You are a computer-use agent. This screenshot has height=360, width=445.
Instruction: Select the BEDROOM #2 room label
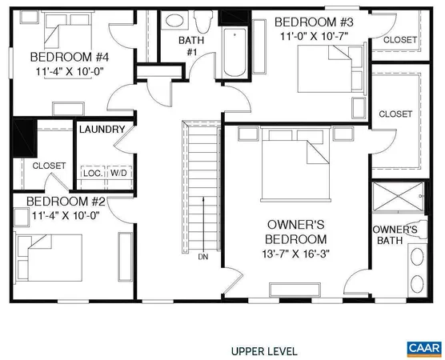[61, 202]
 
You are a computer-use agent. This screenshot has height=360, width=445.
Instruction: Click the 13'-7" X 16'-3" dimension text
[296, 254]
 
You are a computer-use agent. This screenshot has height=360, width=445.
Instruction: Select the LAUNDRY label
[102, 130]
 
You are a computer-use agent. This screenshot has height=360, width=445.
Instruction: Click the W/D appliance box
[118, 173]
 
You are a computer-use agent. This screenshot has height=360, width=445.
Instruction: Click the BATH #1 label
[192, 46]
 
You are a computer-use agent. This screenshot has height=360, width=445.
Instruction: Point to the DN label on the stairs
[203, 257]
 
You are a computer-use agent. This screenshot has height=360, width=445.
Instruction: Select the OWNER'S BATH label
[395, 235]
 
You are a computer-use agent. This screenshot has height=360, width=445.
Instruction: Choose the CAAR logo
[423, 349]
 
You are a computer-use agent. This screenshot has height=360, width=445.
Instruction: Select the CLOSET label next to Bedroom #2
[49, 166]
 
